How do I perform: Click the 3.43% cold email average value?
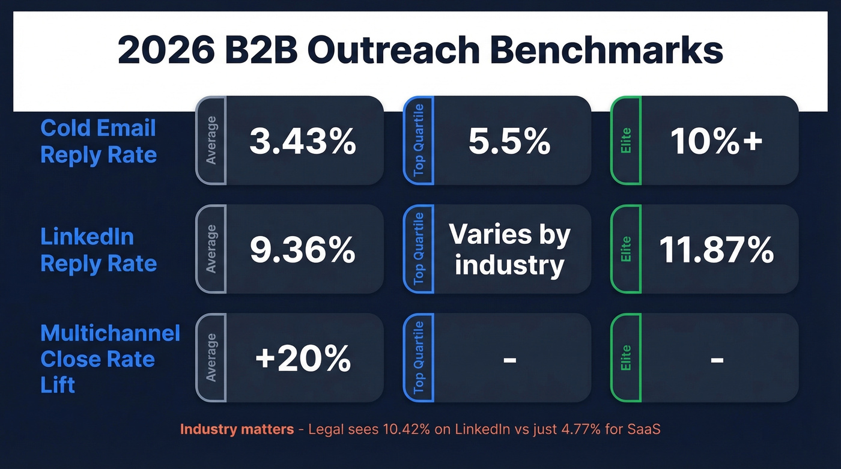point(303,142)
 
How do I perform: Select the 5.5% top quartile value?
point(509,142)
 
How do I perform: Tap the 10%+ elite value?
point(717,142)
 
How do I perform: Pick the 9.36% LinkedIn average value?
point(303,250)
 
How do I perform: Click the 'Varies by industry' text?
point(509,249)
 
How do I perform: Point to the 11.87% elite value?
point(717,250)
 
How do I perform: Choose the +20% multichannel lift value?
point(303,359)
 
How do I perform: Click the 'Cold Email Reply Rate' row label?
point(99,141)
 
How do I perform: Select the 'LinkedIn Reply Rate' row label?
point(99,250)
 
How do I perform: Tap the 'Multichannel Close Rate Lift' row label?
point(110,359)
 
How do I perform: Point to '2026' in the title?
point(166,51)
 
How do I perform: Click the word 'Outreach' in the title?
point(395,51)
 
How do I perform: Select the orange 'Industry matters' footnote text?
point(237,429)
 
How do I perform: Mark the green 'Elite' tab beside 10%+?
point(626,141)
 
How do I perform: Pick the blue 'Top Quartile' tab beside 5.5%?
point(419,141)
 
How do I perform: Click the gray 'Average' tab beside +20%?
point(211,358)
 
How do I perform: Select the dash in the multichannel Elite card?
point(717,360)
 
